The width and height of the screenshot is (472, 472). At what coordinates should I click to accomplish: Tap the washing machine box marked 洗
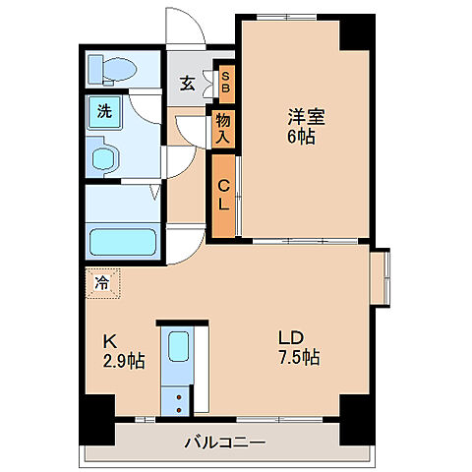click(x=102, y=111)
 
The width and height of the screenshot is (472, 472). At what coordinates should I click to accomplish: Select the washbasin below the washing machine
click(x=102, y=158)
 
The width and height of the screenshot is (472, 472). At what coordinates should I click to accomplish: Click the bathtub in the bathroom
click(x=122, y=240)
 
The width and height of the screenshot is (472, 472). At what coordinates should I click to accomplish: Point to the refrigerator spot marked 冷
click(x=101, y=281)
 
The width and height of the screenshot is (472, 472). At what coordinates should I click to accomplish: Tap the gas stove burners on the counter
click(x=177, y=399)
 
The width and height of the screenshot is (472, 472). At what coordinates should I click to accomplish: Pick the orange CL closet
click(x=224, y=197)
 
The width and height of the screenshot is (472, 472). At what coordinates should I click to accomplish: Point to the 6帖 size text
click(x=302, y=137)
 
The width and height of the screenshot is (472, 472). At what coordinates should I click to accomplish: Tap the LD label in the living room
click(x=303, y=337)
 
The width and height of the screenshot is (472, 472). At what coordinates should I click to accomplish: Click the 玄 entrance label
click(x=187, y=83)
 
